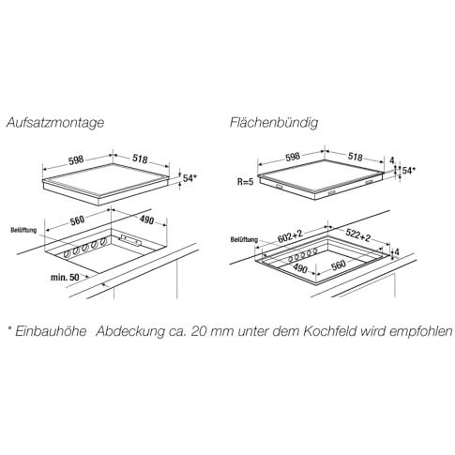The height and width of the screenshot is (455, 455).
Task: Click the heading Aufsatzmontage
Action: [x=55, y=122]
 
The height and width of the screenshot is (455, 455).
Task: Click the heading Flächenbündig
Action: [x=274, y=122]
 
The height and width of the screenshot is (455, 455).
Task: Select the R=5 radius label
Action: [x=245, y=182]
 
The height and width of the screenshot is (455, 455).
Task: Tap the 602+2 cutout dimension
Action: [x=291, y=237]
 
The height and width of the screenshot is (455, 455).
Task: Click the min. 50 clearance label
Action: [x=65, y=277]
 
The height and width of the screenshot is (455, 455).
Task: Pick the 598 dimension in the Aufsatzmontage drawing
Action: [x=76, y=159]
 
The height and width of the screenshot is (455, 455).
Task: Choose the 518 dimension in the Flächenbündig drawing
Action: [x=356, y=157]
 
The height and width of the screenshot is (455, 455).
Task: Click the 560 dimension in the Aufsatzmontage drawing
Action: [x=77, y=220]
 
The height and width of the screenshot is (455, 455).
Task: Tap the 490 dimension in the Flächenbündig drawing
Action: [x=300, y=268]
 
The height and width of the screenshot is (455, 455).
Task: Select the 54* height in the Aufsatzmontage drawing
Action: [x=190, y=178]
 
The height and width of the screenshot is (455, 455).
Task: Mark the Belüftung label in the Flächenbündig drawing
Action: [x=244, y=240]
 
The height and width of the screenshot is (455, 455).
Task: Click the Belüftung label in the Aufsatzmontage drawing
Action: [x=23, y=230]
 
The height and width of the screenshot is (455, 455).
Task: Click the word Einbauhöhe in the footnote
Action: [x=51, y=331]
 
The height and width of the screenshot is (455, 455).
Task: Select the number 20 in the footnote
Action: [x=198, y=332]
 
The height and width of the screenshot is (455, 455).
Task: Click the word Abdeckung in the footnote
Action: [x=130, y=332]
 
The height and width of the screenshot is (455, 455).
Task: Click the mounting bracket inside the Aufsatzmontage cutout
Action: [x=131, y=239]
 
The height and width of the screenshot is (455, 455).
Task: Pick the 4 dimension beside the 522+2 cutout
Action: [x=397, y=251]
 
